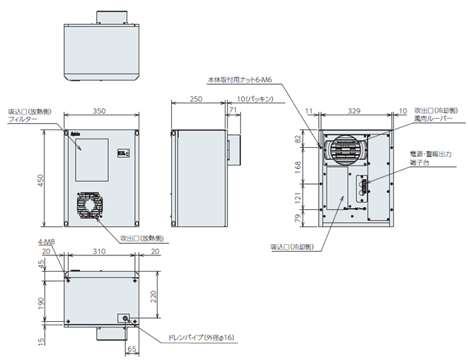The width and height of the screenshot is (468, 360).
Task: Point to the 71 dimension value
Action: click(233, 112)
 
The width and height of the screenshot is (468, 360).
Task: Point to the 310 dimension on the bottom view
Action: click(100, 252)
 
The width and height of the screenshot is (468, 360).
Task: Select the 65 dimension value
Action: click(132, 349)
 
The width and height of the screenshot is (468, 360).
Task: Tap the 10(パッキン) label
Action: click(256, 99)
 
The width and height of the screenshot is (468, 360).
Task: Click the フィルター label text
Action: click(22, 120)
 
